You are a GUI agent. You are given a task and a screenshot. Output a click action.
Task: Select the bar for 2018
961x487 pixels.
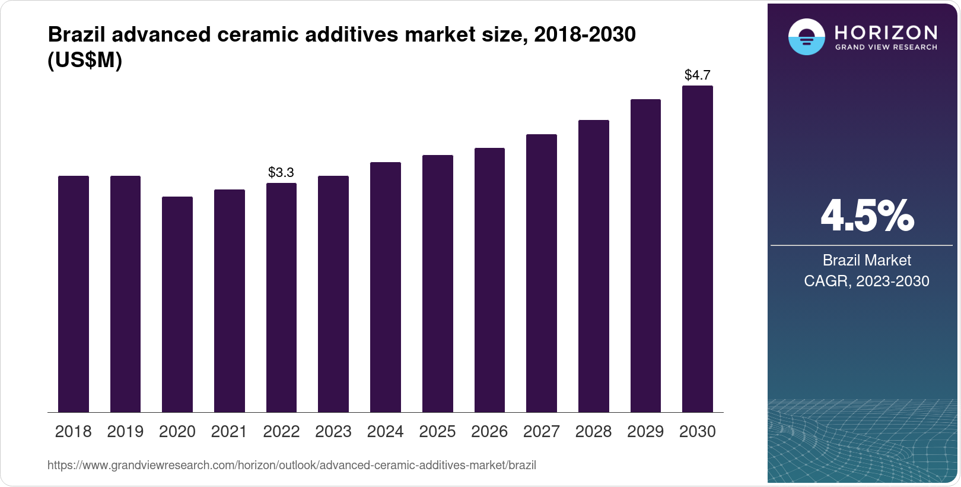click(74, 294)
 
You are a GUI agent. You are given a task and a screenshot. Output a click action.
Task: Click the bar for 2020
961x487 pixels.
click(177, 304)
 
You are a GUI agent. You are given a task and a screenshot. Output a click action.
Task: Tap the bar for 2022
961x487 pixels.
click(281, 297)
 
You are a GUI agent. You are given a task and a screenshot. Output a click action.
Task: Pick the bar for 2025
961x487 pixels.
click(437, 283)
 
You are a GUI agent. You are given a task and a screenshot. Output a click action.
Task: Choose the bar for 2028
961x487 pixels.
click(593, 266)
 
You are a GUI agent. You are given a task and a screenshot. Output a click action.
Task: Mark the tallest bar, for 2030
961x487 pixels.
click(697, 249)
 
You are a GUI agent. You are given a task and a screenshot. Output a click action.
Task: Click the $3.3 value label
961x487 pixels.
click(281, 172)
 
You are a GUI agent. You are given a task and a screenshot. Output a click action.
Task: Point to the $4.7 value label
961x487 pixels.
click(697, 75)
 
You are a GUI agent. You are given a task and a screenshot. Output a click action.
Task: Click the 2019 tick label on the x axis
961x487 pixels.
click(125, 432)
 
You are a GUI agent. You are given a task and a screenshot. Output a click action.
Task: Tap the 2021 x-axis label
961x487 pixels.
click(229, 432)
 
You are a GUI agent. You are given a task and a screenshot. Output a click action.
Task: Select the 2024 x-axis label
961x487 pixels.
click(385, 432)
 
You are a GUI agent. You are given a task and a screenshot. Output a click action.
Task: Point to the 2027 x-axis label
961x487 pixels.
click(541, 432)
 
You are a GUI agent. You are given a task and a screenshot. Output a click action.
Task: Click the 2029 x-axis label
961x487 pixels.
click(645, 432)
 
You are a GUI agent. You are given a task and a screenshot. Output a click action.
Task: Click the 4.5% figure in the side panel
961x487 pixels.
click(867, 216)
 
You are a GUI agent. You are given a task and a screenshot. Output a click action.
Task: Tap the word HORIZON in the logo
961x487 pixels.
click(886, 32)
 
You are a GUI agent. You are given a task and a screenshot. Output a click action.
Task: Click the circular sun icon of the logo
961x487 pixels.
click(806, 37)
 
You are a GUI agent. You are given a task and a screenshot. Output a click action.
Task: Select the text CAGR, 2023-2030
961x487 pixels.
click(866, 281)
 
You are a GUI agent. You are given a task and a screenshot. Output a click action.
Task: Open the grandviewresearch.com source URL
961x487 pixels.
click(291, 466)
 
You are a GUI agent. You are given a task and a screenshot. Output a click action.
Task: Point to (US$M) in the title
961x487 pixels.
click(85, 60)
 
